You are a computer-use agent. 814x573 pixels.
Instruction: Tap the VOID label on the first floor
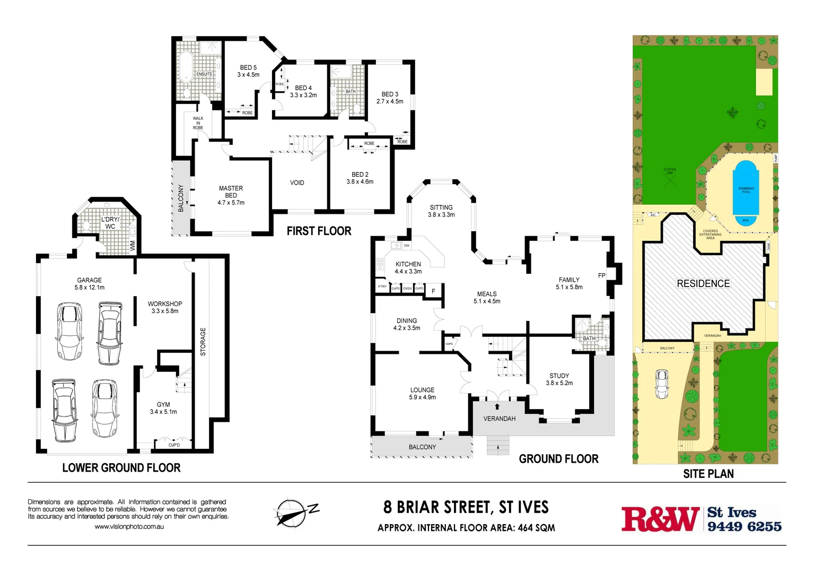(x=297, y=183)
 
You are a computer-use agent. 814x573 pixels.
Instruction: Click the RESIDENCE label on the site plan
(x=703, y=284)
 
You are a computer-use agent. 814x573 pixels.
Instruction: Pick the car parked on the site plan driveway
(x=661, y=384)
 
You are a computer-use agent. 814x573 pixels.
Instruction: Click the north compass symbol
(x=292, y=513)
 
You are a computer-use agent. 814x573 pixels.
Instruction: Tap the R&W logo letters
(x=660, y=519)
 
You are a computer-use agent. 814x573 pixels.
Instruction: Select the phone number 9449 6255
(x=744, y=526)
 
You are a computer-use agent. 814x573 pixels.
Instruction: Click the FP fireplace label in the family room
(x=601, y=276)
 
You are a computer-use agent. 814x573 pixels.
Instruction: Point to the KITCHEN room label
(x=408, y=264)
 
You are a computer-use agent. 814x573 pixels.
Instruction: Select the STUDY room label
(x=559, y=376)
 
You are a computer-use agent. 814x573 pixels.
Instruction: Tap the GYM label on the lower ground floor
(x=163, y=405)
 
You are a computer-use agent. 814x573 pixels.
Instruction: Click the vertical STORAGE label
(x=203, y=342)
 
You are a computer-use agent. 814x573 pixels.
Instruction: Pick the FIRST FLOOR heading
(x=319, y=231)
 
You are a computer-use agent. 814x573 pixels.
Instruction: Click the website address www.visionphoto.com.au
(x=129, y=527)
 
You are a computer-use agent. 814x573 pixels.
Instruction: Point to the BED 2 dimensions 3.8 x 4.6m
(x=360, y=182)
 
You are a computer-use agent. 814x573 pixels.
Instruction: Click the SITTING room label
(x=441, y=207)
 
